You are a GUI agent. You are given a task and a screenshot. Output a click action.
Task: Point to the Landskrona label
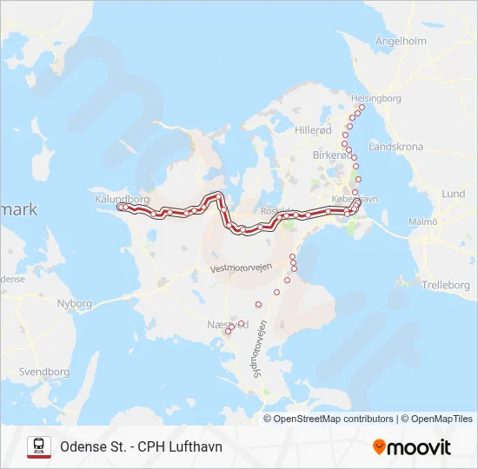pyautogui.click(x=395, y=147)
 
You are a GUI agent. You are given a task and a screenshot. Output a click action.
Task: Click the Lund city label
pyautogui.click(x=453, y=194)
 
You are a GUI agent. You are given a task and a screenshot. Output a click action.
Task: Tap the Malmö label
pyautogui.click(x=423, y=222)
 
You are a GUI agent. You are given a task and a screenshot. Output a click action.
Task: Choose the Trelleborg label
pyautogui.click(x=444, y=285)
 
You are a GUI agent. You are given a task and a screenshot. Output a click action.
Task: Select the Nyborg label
pyautogui.click(x=74, y=303)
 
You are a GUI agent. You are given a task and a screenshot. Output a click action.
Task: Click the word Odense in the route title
pyautogui.click(x=83, y=446)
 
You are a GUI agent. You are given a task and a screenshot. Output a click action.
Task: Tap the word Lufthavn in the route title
pyautogui.click(x=196, y=446)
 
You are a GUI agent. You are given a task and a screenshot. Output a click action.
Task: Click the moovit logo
pyautogui.click(x=412, y=447)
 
